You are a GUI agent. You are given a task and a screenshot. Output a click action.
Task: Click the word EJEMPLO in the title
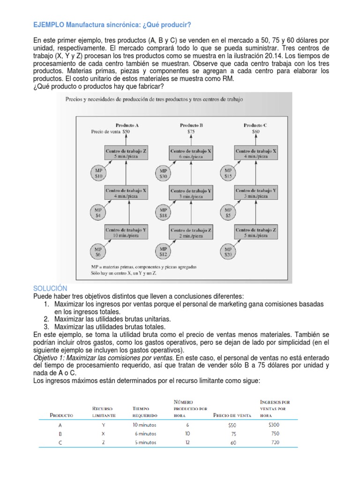(x=49, y=24)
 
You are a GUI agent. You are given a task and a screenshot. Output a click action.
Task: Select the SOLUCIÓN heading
(x=51, y=288)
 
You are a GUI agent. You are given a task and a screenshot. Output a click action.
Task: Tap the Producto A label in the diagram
(x=127, y=125)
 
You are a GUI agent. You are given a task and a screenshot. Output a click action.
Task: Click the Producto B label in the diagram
(x=191, y=125)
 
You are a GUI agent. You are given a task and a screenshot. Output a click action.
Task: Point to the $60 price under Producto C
(x=255, y=132)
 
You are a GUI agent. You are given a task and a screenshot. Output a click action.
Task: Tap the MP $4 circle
(x=98, y=213)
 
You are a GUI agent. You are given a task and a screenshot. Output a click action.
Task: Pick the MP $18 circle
(x=163, y=213)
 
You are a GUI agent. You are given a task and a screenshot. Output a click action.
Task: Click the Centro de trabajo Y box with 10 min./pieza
(x=126, y=232)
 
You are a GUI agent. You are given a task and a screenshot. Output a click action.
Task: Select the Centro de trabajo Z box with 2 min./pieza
(x=191, y=233)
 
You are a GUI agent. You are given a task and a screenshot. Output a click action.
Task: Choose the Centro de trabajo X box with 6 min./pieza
(x=191, y=154)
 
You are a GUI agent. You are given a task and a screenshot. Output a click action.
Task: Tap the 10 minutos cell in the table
(x=144, y=425)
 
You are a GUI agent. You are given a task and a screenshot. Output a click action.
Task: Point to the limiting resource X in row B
(x=103, y=434)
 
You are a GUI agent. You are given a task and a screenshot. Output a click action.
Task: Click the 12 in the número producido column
(x=188, y=442)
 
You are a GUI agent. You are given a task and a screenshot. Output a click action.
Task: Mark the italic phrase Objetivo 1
(x=51, y=358)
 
